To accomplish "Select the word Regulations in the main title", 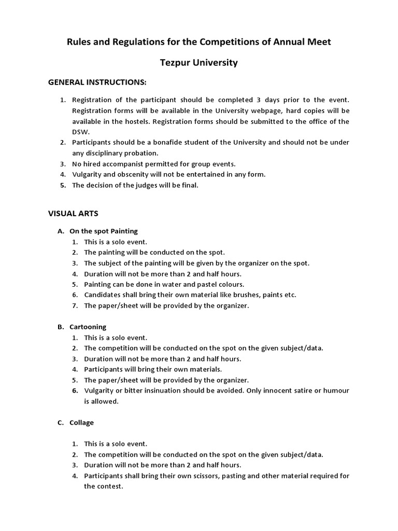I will point(139,42).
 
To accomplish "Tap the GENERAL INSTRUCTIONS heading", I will point(97,82).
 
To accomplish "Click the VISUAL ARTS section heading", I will point(73,213).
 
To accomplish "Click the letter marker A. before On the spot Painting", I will point(61,231).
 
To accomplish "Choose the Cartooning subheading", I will point(88,327).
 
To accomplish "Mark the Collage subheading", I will point(81,423).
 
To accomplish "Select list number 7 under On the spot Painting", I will point(75,305).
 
